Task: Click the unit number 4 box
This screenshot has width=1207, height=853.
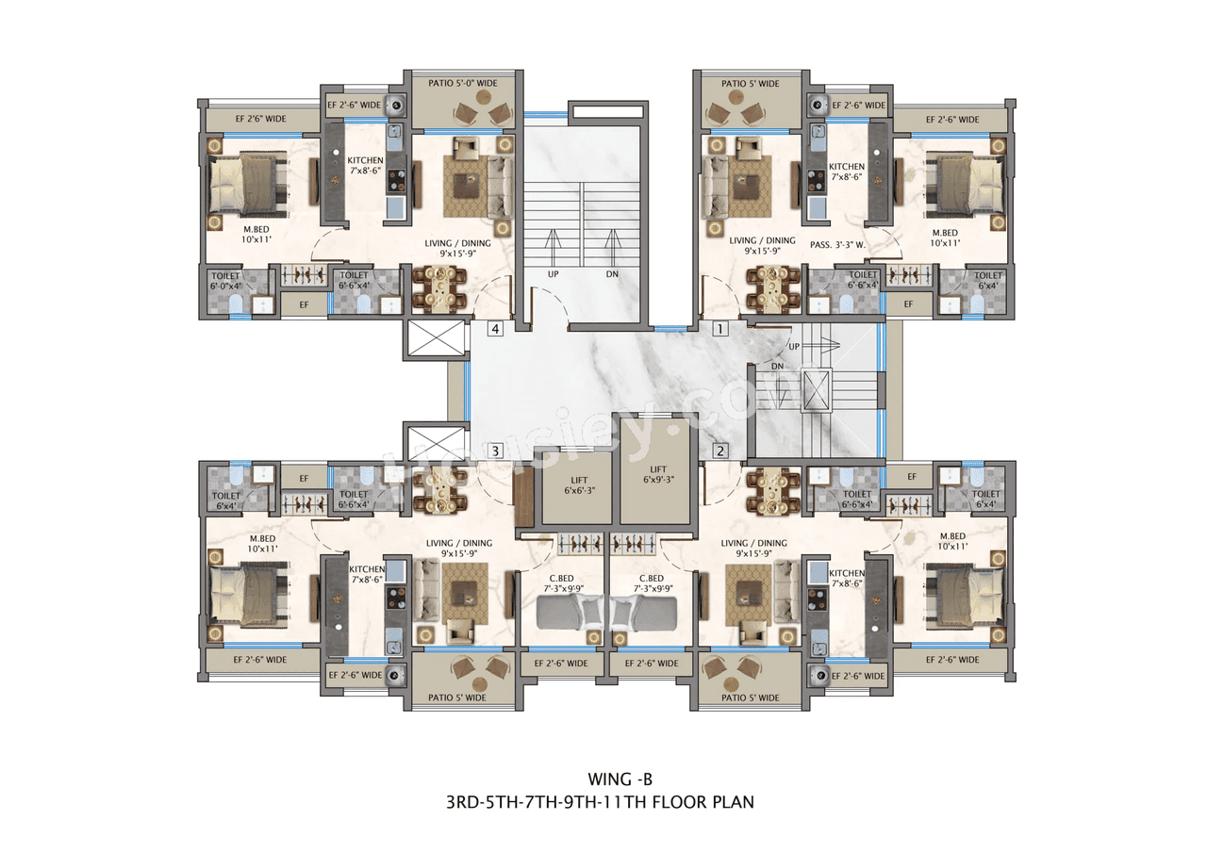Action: [495, 330]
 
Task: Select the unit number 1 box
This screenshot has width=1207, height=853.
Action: [719, 330]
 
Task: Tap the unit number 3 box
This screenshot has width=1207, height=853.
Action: [495, 451]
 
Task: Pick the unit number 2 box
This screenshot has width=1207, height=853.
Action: [719, 451]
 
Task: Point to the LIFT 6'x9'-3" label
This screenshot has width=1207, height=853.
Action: [658, 475]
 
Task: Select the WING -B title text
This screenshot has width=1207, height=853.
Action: [620, 779]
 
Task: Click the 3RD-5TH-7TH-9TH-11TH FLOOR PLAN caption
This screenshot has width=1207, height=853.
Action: [601, 803]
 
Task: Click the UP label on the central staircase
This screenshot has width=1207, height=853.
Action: [554, 274]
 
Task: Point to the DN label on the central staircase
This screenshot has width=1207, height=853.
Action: [613, 274]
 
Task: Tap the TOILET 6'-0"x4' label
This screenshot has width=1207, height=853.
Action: [226, 279]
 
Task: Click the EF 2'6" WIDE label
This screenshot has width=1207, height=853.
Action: [260, 119]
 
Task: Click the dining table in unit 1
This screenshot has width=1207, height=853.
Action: [772, 287]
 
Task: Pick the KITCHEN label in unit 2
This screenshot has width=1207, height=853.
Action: [846, 577]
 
